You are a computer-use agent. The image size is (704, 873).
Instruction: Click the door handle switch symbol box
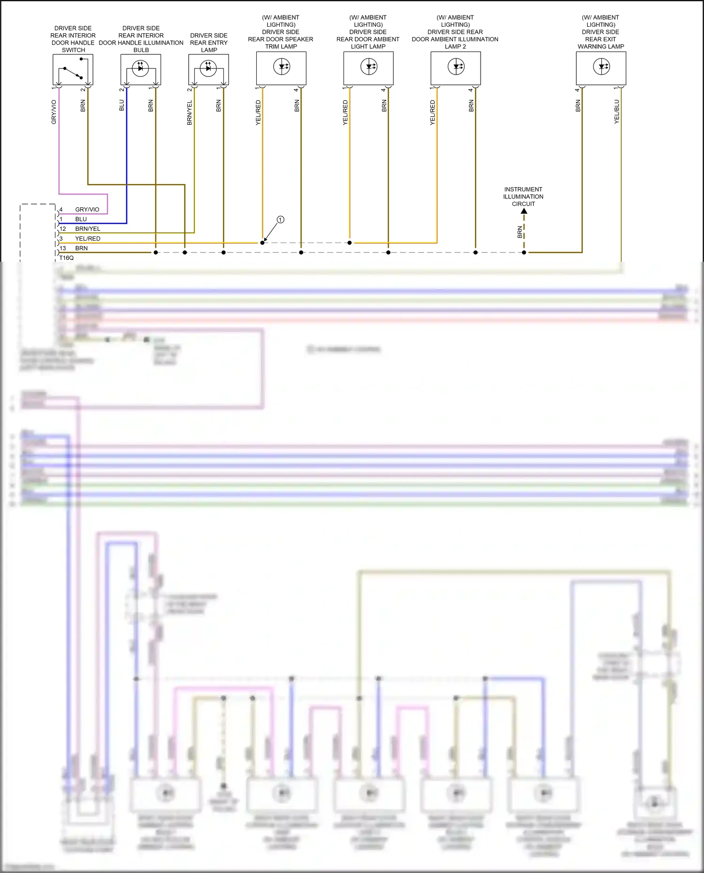pos(73,69)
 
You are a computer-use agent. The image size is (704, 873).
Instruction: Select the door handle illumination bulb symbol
pos(140,68)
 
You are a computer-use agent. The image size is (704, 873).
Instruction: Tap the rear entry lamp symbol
pos(208,68)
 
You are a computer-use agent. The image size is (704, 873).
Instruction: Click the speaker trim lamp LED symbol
pos(282,67)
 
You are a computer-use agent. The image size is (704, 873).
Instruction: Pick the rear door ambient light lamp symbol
pos(369,67)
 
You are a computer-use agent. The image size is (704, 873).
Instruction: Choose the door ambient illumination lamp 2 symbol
pos(456,67)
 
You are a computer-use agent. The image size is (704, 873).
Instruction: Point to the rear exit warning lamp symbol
pos(601,67)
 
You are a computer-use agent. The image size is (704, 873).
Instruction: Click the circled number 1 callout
pos(280,220)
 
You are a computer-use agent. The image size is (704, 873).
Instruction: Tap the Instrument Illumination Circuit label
pos(523,197)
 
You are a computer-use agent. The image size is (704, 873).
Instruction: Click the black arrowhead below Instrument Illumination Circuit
pos(524,211)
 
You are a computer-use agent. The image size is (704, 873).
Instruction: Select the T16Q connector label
pos(67,258)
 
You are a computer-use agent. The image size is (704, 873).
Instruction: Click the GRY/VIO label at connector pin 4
pos(87,210)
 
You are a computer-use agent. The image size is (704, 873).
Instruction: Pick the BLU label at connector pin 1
pos(81,219)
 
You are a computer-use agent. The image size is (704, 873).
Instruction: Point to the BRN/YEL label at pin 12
pos(88,229)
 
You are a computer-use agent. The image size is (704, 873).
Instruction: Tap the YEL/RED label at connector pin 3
pos(88,239)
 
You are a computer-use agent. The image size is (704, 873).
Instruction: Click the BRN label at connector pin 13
pos(81,248)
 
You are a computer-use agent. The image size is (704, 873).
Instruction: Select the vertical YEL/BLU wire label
pos(617,112)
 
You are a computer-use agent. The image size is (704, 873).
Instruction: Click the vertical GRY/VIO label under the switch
pos(54,112)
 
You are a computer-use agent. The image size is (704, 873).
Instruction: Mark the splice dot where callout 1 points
pos(262,243)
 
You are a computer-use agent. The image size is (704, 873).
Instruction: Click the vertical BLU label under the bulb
pos(122,105)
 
